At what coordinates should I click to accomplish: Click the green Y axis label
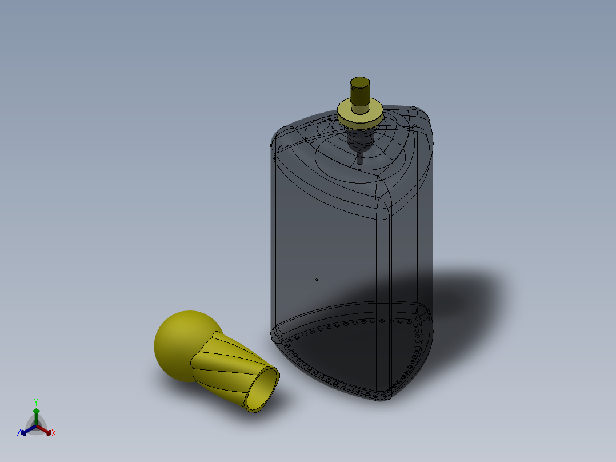pyautogui.click(x=36, y=402)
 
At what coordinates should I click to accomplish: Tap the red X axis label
pyautogui.click(x=54, y=433)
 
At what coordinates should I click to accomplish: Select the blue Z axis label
pyautogui.click(x=18, y=433)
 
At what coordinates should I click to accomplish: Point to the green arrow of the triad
pyautogui.click(x=36, y=416)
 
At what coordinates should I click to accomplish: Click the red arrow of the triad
pyautogui.click(x=44, y=430)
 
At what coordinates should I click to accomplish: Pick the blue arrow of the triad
pyautogui.click(x=29, y=430)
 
